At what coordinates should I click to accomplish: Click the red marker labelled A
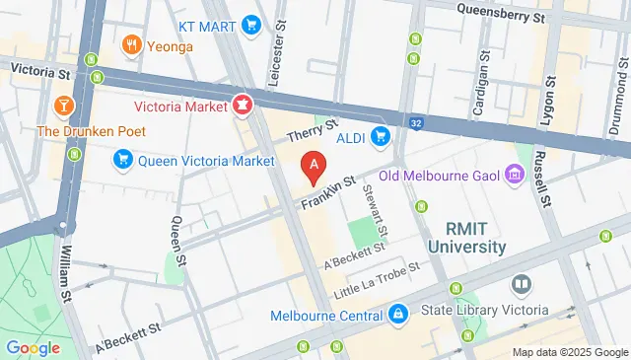(314, 167)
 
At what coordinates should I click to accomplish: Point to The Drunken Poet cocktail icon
(62, 105)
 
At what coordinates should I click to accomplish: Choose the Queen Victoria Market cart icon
(123, 158)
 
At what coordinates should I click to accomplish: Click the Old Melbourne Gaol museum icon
(514, 176)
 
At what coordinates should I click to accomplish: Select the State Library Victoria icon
(522, 285)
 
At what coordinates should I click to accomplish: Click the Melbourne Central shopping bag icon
(396, 316)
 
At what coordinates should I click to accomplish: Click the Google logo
(34, 347)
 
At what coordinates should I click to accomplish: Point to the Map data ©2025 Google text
(569, 352)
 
